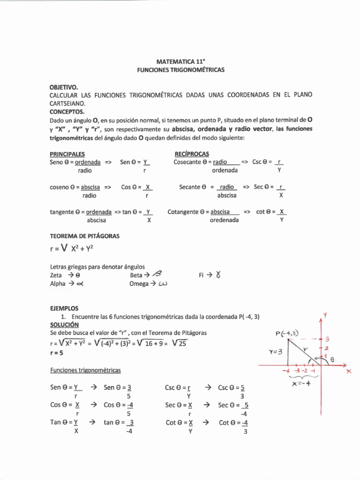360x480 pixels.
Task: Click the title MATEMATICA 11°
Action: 180,61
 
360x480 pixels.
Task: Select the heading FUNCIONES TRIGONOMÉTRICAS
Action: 180,69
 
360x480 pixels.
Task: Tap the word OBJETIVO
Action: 64,87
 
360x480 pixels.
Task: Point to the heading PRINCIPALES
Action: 67,154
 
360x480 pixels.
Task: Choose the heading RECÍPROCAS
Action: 192,154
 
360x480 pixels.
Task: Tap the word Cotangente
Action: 183,211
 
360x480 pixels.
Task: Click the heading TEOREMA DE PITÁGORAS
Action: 84,236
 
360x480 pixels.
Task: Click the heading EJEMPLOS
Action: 64,308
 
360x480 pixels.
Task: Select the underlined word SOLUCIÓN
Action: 64,324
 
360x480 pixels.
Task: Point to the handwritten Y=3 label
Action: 275,351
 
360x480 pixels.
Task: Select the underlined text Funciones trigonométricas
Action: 85,370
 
